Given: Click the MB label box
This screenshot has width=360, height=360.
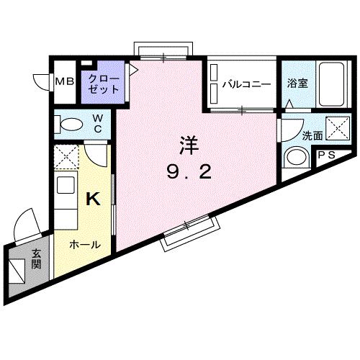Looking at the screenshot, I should [65, 82].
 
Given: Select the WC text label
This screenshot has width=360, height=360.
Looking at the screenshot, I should [98, 123].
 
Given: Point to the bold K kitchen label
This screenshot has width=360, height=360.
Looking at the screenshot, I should [93, 199].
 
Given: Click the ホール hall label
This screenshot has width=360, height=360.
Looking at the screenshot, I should [84, 245].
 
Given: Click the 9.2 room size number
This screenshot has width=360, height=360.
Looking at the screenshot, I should [189, 173].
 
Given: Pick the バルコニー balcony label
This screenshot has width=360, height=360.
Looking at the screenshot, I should [246, 84].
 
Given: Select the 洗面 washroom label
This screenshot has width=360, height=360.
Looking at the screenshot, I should [291, 135].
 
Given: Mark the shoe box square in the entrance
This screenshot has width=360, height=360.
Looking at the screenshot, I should [17, 270].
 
